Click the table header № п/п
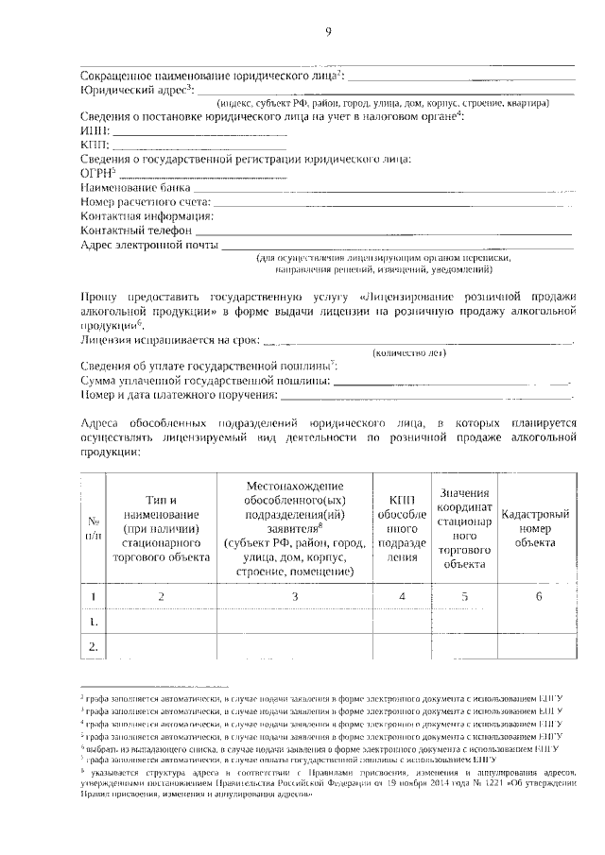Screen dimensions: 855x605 (x=94, y=528)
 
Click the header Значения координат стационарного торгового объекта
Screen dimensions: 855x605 (x=464, y=528)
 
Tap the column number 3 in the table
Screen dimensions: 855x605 (x=294, y=596)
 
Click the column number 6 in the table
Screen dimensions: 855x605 (x=538, y=596)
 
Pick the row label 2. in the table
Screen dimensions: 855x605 (x=94, y=647)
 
